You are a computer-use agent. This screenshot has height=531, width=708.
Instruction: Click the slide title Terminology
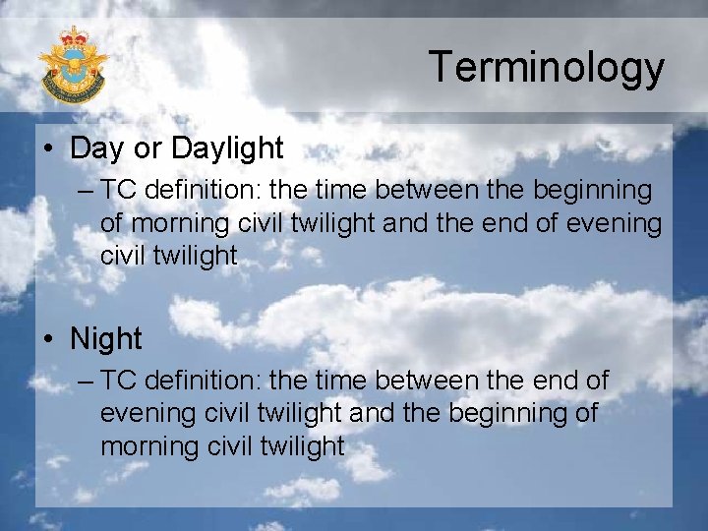pos(546,68)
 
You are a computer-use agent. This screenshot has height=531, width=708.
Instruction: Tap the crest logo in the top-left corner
pos(73,65)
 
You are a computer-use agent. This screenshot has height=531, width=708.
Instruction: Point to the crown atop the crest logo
pos(74,37)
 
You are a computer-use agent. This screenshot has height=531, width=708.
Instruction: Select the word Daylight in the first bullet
pos(227,148)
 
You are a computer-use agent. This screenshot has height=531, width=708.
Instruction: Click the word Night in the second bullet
pos(106,339)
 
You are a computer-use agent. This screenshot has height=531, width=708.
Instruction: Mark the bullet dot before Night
pos(49,340)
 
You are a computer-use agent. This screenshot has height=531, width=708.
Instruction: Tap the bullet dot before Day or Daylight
pos(49,149)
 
